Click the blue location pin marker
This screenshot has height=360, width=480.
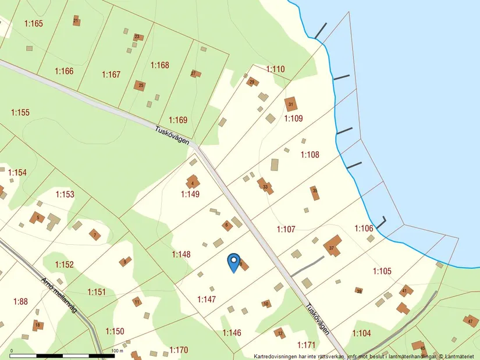(233, 262)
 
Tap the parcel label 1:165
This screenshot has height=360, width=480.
(34, 23)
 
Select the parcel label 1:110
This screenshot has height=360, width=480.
(275, 69)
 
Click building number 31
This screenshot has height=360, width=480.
(291, 104)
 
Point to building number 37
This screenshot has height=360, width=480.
(332, 247)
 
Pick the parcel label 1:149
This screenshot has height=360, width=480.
(190, 194)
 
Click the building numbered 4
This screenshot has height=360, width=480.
(192, 183)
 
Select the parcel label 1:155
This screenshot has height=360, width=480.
(20, 112)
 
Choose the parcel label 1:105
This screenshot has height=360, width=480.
(382, 270)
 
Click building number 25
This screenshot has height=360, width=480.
(140, 85)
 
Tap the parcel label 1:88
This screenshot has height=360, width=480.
(20, 301)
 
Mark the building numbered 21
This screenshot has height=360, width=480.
(76, 21)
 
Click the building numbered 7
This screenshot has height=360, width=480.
(94, 235)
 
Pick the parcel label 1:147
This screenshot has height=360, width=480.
(207, 300)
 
